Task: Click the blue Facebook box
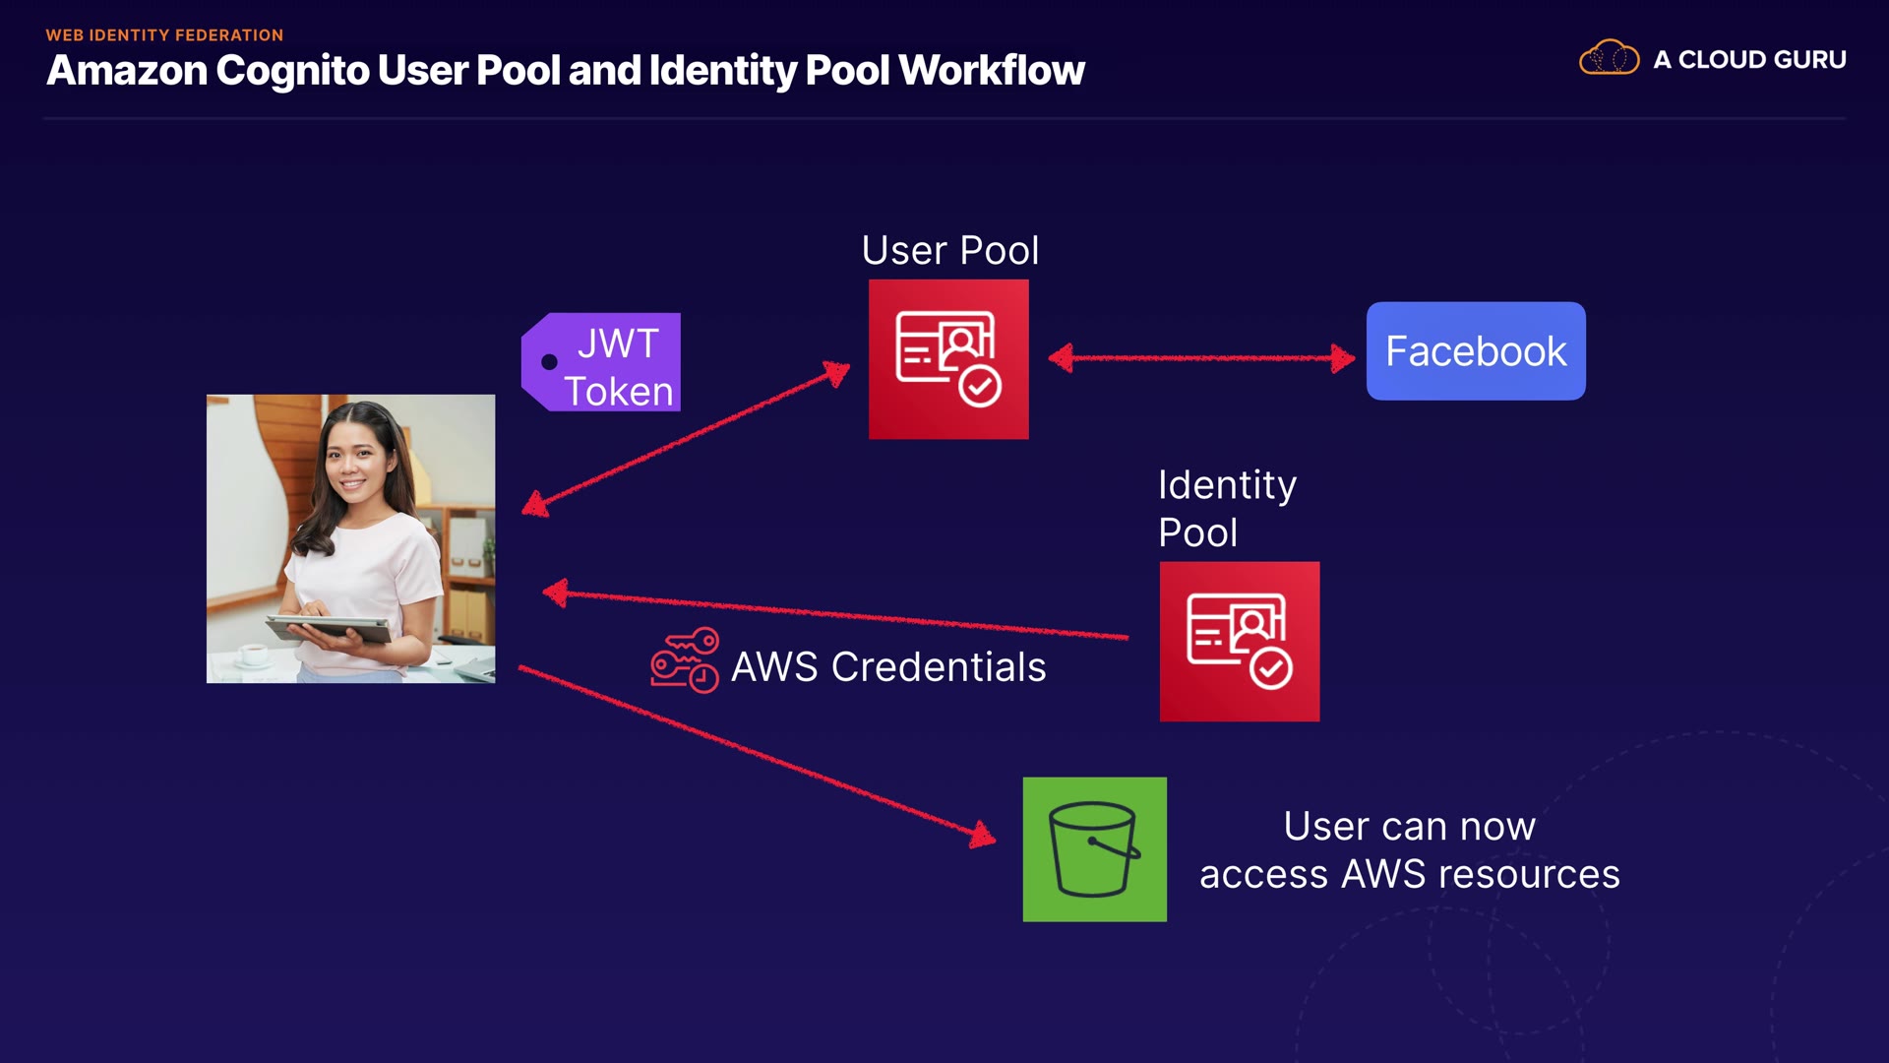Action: [x=1475, y=351]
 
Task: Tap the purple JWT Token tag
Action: [x=602, y=363]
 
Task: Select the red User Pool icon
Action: [x=948, y=359]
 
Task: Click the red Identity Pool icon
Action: [x=1239, y=642]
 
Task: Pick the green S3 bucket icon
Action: [x=1094, y=849]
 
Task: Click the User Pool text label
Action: [x=949, y=251]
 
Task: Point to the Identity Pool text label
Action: [x=1227, y=508]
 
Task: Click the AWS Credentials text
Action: [x=888, y=667]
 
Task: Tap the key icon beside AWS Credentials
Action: [x=685, y=660]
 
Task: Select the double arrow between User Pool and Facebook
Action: [x=1201, y=358]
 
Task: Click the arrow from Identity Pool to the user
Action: [x=836, y=614]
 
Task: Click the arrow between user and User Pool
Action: [x=689, y=438]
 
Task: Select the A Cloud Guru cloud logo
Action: [x=1609, y=58]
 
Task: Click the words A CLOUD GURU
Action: [x=1749, y=60]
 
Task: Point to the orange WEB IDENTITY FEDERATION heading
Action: [x=164, y=35]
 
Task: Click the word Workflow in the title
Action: [x=991, y=71]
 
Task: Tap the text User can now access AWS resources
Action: [x=1409, y=850]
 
